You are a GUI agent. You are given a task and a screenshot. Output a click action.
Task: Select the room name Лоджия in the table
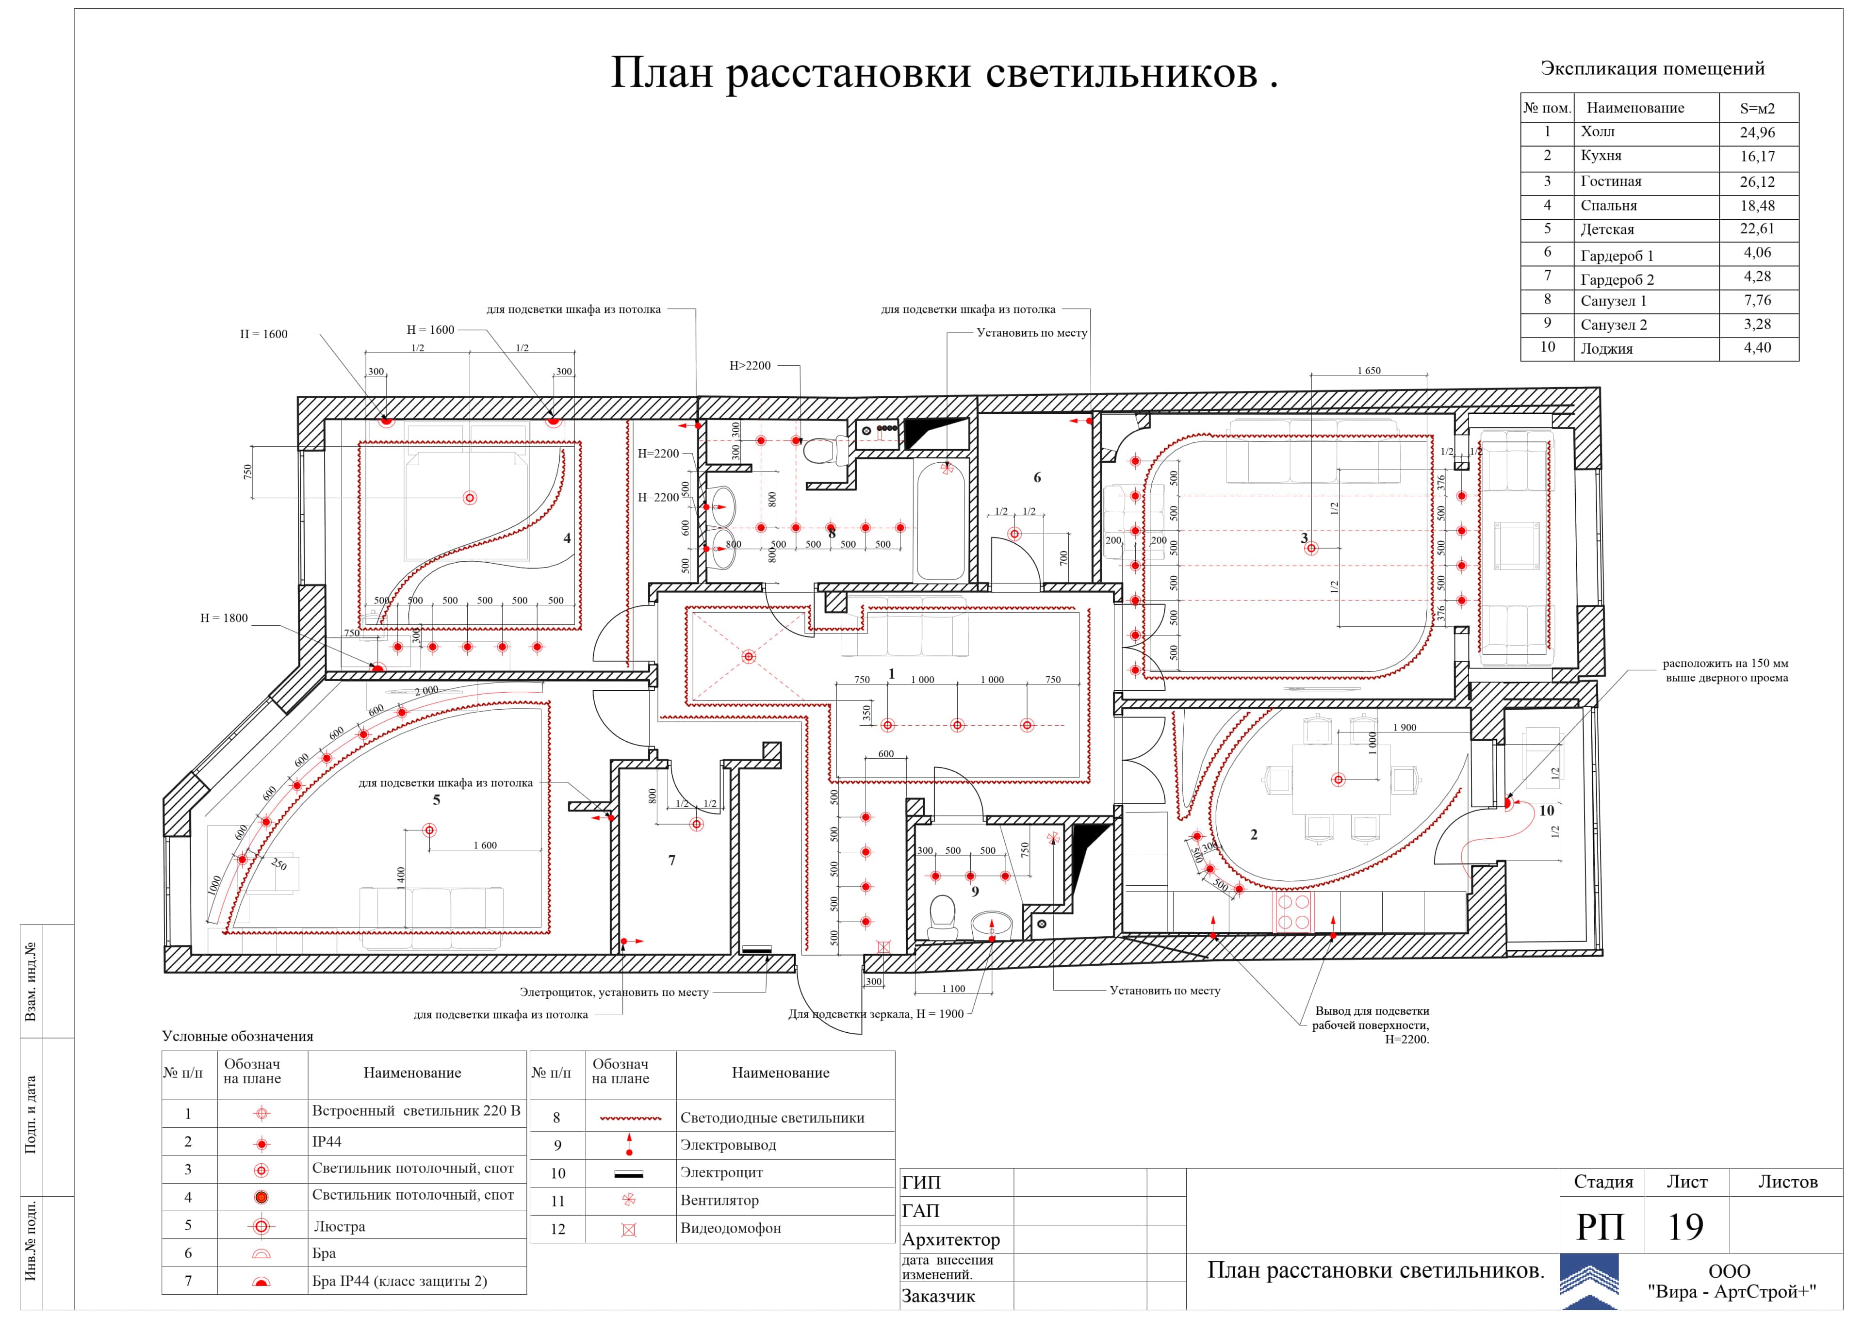pos(1606,349)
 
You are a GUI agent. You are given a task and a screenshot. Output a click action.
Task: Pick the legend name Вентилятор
pos(719,1200)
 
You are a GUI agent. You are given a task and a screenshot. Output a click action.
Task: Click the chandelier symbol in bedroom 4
pos(469,497)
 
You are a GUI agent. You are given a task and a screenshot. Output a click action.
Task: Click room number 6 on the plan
pos(1037,478)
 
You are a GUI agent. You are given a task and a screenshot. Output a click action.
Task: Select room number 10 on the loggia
pos(1547,811)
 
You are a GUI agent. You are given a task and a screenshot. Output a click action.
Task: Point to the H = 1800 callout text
pos(224,618)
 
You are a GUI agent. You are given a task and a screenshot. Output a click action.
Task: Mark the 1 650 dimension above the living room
pos(1369,371)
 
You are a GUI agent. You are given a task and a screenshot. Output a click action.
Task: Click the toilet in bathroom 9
pos(943,913)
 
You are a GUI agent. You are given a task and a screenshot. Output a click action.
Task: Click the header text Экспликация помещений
pos(1652,69)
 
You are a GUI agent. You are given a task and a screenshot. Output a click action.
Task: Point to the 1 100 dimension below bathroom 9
pos(953,989)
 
